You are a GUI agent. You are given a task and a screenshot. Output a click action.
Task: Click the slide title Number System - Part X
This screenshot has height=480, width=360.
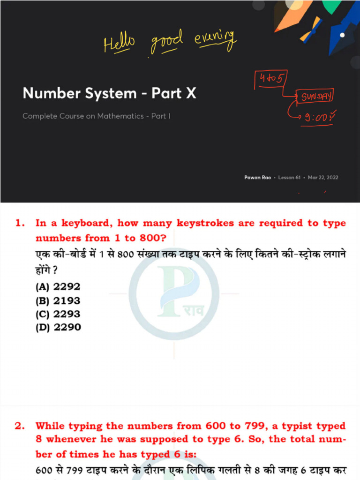coord(109,93)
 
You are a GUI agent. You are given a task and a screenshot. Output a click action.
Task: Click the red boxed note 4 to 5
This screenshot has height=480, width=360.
coord(271,80)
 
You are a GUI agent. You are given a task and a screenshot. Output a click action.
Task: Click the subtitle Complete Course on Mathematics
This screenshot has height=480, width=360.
coord(96,116)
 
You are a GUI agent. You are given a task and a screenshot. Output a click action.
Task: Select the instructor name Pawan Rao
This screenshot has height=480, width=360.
coord(257,178)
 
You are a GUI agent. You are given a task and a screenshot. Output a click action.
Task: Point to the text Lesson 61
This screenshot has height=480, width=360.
coord(289,178)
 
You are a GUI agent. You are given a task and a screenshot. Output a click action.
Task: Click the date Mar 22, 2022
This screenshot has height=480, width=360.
coord(323,178)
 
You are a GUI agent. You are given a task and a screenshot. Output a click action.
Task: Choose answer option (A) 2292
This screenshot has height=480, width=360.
coord(58,287)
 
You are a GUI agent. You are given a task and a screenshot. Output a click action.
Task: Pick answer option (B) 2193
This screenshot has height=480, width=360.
coord(58,300)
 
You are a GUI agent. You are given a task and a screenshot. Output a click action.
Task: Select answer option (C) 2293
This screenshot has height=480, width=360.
coord(58,314)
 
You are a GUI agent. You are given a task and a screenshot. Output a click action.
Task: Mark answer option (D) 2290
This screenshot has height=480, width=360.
coord(58,327)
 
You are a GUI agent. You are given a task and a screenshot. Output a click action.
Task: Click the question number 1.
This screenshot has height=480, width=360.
coord(19,224)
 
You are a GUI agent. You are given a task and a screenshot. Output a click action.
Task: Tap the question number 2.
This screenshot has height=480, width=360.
coord(19,427)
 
